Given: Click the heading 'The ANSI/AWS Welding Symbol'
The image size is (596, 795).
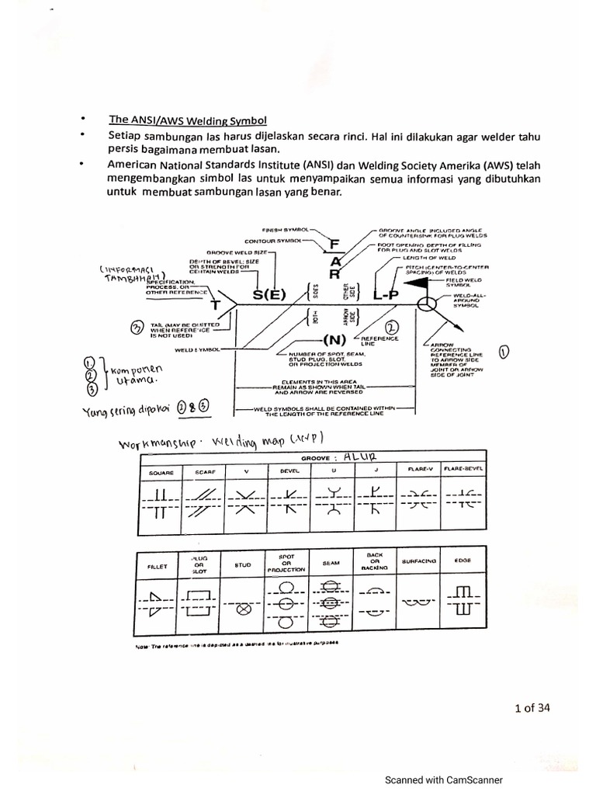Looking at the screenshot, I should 187,120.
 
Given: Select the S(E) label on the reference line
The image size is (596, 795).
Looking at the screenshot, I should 269,295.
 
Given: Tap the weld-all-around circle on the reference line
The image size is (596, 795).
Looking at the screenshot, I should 425,304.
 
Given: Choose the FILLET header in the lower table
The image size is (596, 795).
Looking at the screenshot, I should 158,566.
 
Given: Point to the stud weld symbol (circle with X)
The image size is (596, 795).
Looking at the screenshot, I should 242,609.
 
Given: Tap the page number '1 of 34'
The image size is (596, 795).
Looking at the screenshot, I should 532,707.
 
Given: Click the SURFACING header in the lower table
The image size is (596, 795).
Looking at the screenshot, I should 420,561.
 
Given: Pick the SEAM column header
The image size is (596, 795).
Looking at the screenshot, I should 331,563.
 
